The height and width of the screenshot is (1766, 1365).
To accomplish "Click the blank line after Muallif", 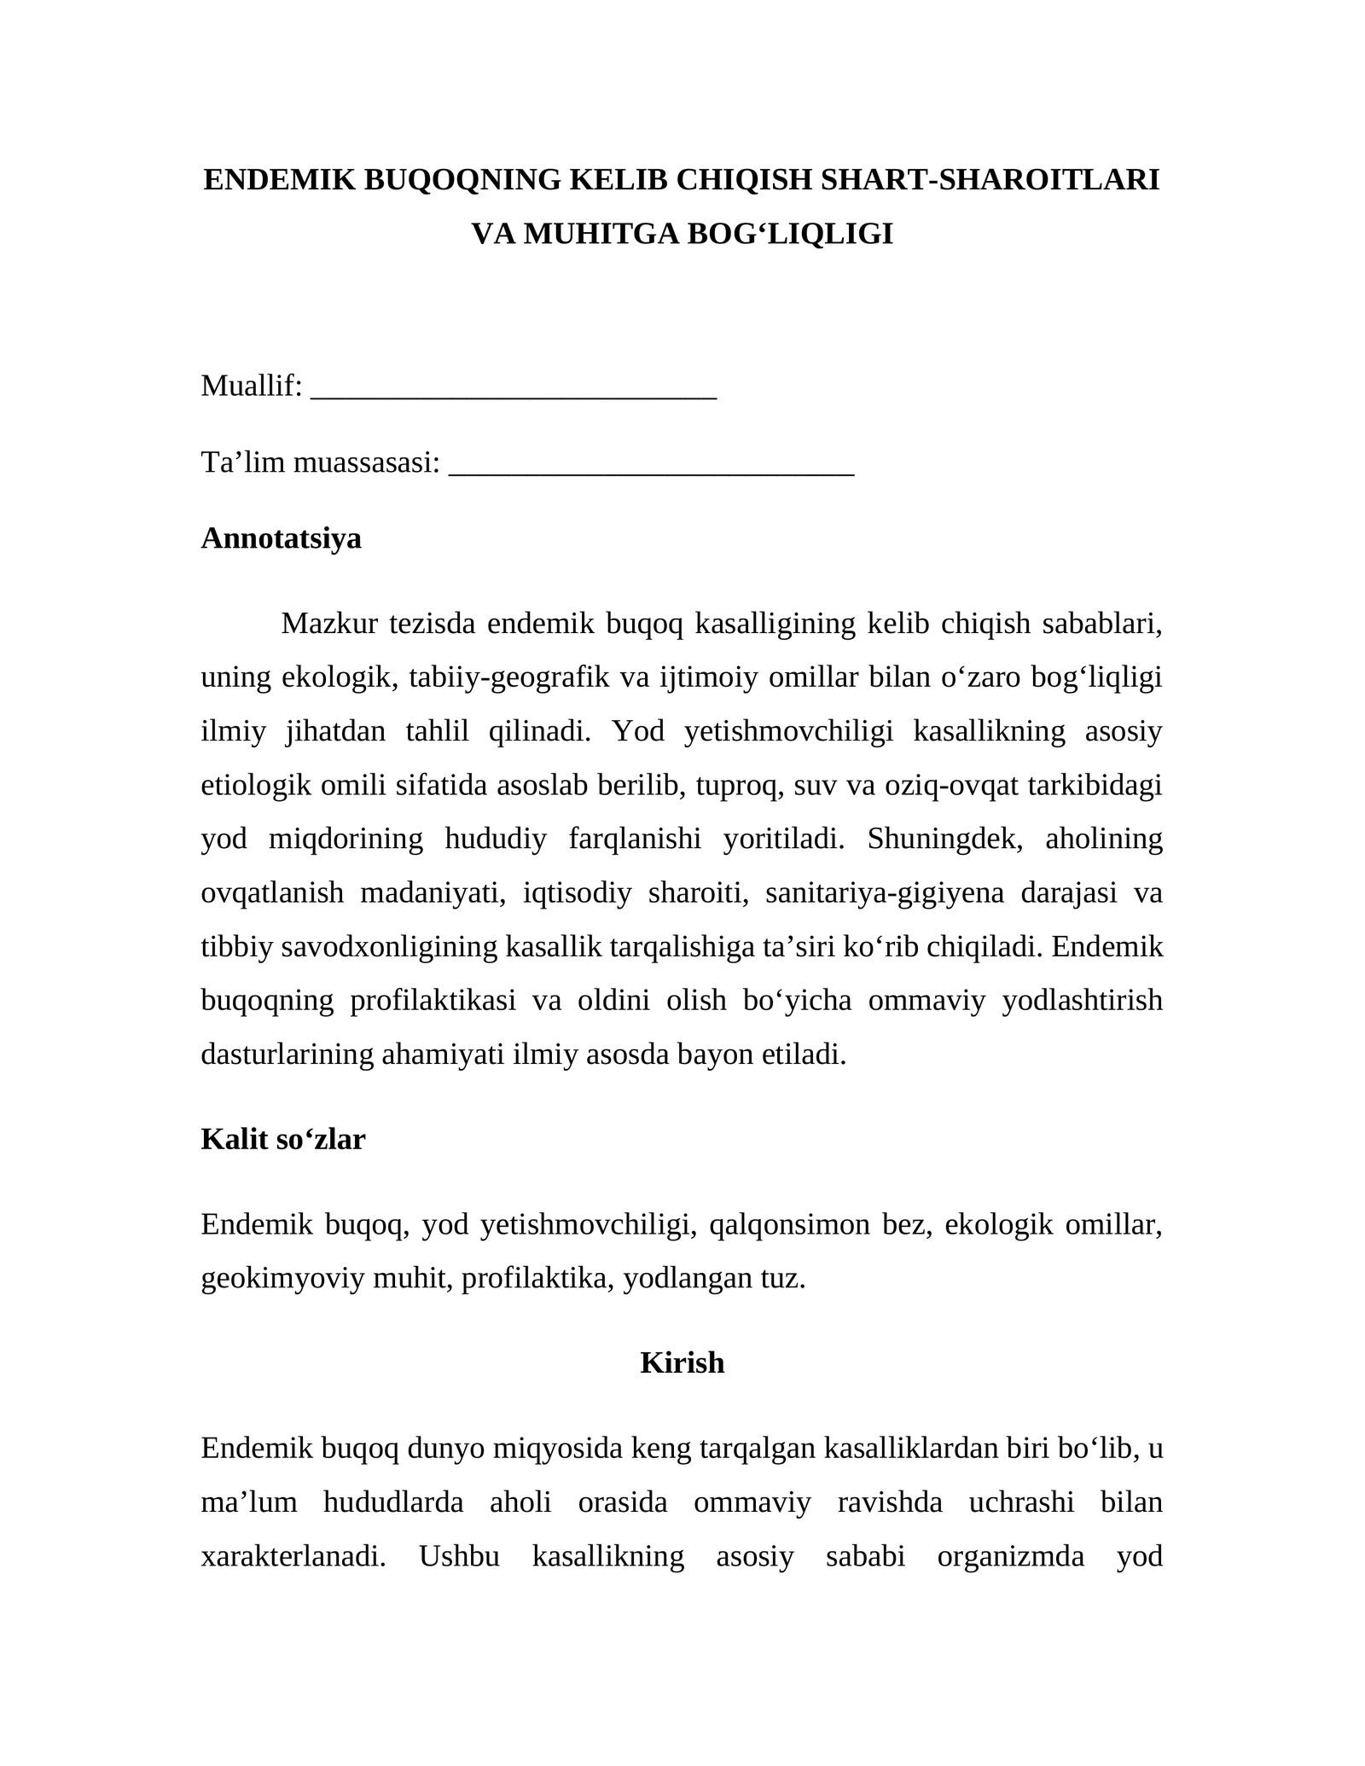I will (514, 388).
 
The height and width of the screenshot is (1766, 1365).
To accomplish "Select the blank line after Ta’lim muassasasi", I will (651, 465).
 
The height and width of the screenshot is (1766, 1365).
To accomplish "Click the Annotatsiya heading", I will (281, 538).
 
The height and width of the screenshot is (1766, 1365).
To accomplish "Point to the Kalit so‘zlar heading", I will (282, 1139).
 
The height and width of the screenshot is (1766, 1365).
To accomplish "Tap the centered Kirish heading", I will (682, 1362).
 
